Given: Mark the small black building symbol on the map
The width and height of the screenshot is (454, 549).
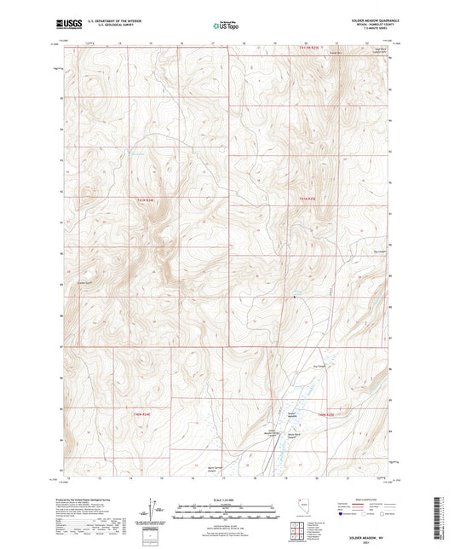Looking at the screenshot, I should [295, 298].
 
